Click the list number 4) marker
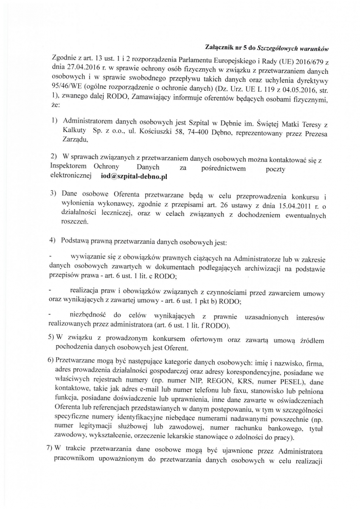(54, 241)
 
